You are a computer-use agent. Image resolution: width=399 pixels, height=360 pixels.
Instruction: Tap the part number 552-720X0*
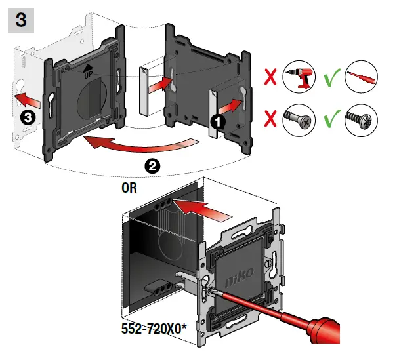click(153, 326)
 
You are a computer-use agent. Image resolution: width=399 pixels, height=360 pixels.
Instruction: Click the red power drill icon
click(299, 81)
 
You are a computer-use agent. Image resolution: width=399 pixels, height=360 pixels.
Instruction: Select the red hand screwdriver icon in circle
click(363, 81)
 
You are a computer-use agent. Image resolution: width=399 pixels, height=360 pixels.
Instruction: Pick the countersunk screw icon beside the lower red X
click(299, 122)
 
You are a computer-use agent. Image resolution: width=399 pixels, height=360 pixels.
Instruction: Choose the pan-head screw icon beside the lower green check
click(363, 122)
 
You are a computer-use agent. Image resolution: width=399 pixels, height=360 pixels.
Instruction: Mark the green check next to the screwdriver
click(333, 79)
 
